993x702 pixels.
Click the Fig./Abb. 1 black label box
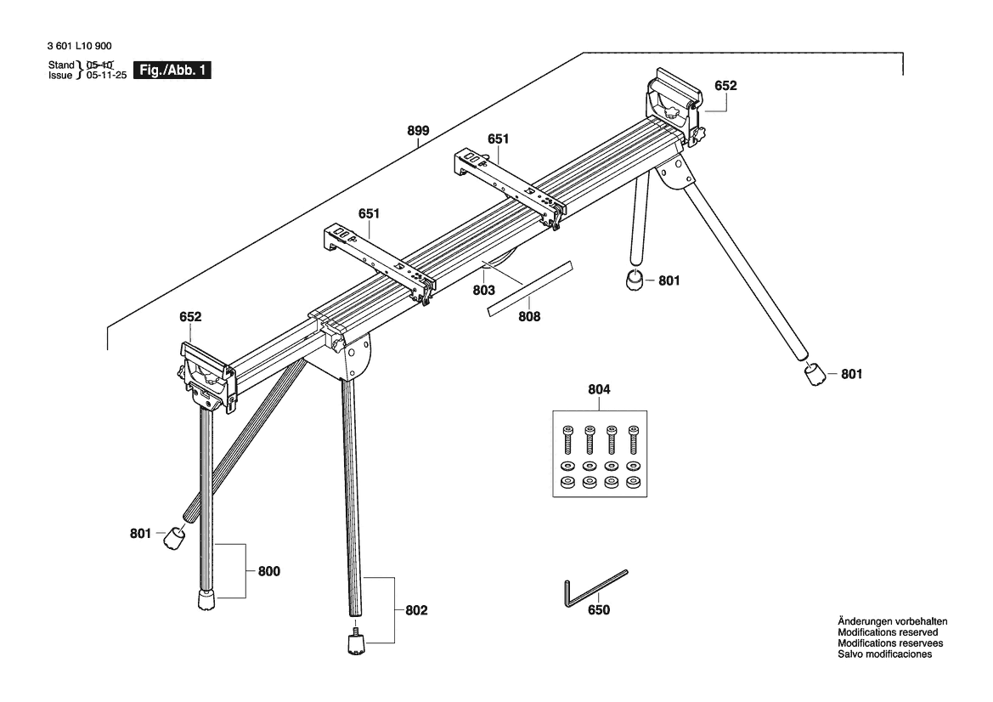pyautogui.click(x=172, y=70)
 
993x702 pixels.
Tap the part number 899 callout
pyautogui.click(x=418, y=131)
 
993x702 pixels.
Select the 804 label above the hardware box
pyautogui.click(x=599, y=389)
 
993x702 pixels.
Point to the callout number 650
pyautogui.click(x=599, y=609)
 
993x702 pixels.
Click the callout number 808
pyautogui.click(x=529, y=316)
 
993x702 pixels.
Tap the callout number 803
pyautogui.click(x=484, y=290)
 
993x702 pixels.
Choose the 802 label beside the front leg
pyautogui.click(x=416, y=610)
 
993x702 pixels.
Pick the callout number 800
pyautogui.click(x=269, y=571)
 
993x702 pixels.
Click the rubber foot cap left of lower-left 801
pyautogui.click(x=174, y=539)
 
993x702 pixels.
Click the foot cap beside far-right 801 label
pyautogui.click(x=815, y=375)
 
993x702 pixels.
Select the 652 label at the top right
pyautogui.click(x=725, y=86)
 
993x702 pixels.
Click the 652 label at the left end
pyautogui.click(x=190, y=317)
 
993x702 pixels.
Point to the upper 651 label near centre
pyautogui.click(x=499, y=139)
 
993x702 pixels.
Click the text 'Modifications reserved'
pyautogui.click(x=888, y=632)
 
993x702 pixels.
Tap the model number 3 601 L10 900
pyautogui.click(x=80, y=46)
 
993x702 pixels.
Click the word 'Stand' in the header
pyautogui.click(x=61, y=65)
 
